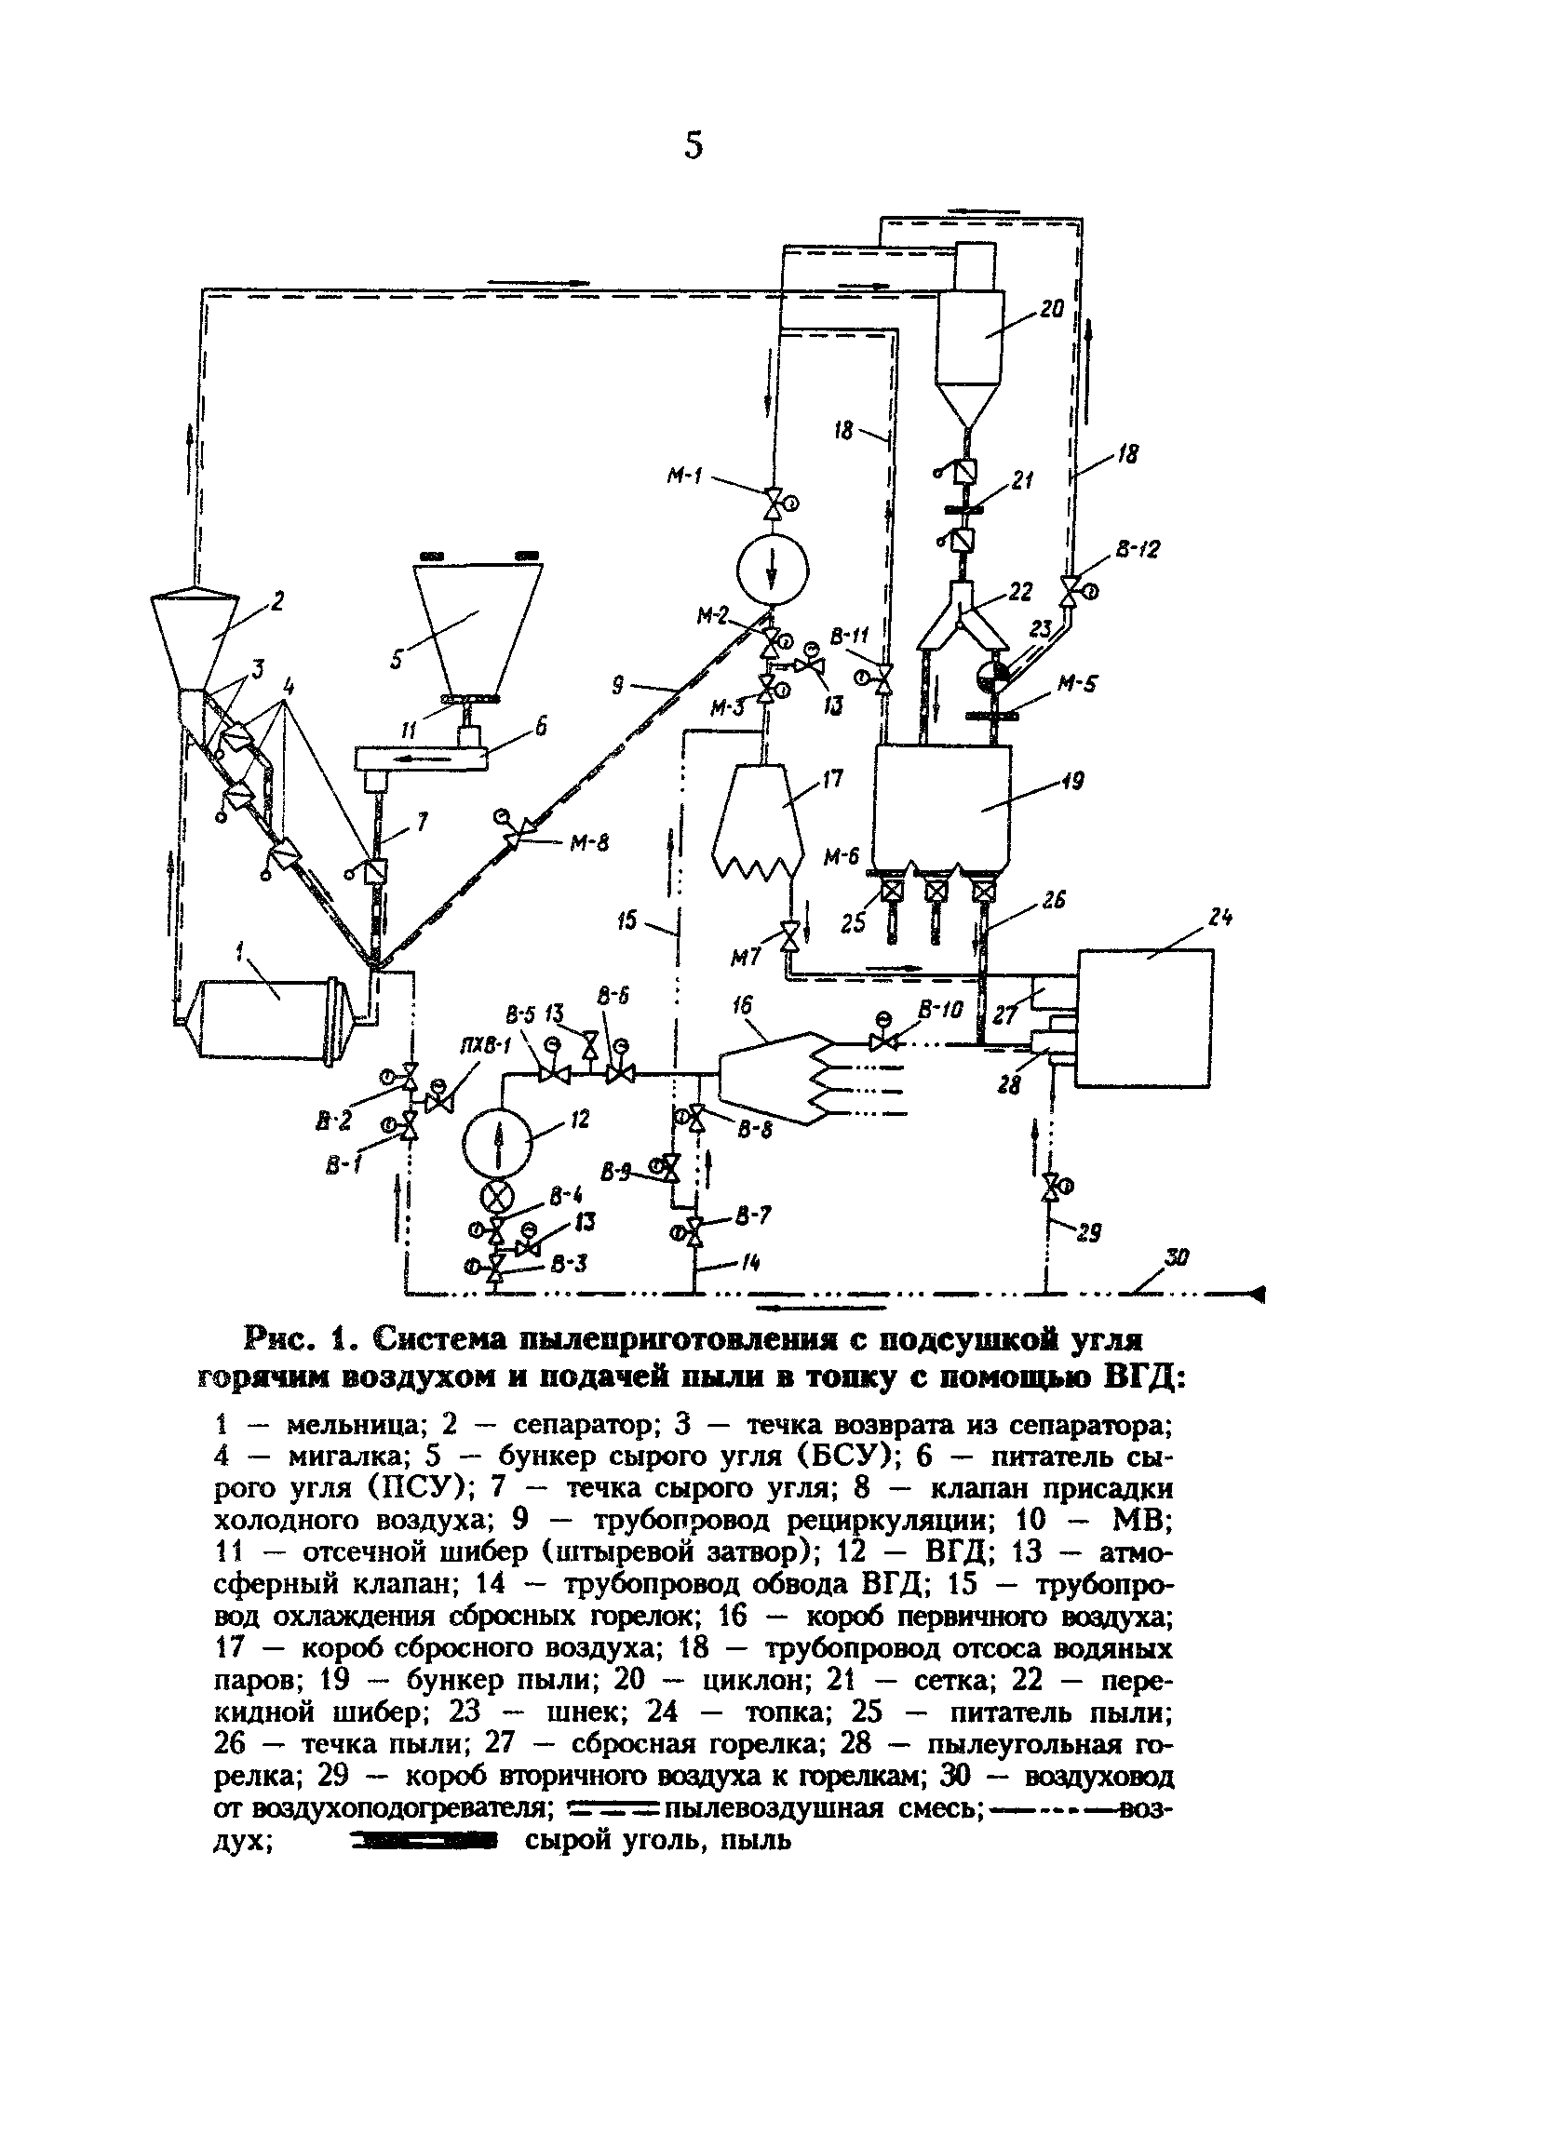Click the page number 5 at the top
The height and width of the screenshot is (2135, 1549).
click(x=694, y=146)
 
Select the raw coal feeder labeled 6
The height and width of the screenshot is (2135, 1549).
click(x=420, y=758)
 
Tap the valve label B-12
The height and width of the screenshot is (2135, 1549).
click(x=1138, y=550)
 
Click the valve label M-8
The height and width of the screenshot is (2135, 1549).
click(x=589, y=843)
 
